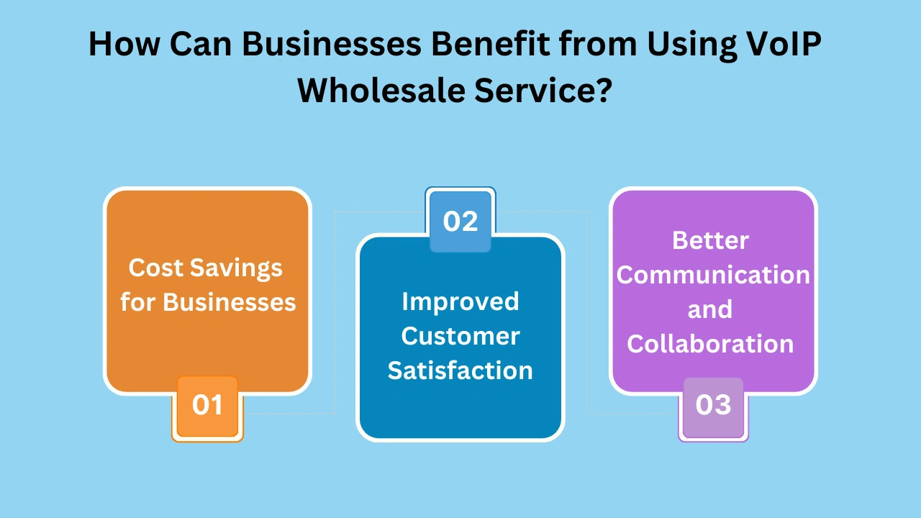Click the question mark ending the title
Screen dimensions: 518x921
tap(602, 91)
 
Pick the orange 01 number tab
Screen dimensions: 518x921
tap(207, 405)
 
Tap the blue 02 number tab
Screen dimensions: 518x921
tap(460, 221)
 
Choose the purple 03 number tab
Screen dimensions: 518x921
tap(713, 405)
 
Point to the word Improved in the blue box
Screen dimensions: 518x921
tap(460, 301)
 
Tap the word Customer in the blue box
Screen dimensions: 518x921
tap(460, 336)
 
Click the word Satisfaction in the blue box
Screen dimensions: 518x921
tap(460, 371)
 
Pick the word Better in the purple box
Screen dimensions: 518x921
tap(711, 240)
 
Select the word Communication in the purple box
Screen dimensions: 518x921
tap(713, 275)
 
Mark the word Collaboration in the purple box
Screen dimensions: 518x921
tap(711, 344)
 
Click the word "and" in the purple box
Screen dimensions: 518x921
tap(710, 309)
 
